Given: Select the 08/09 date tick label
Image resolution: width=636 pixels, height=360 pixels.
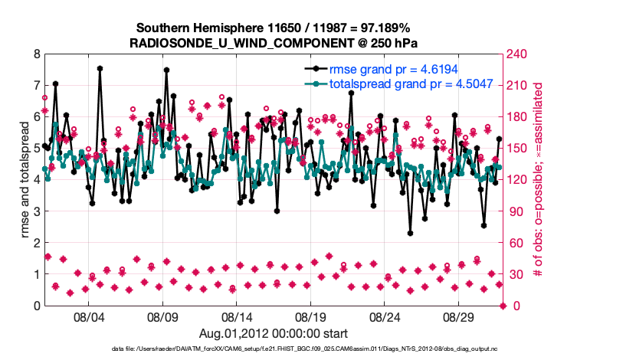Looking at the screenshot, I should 162,316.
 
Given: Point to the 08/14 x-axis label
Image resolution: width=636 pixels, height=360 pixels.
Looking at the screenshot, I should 237,316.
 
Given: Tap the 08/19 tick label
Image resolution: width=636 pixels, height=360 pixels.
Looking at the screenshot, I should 311,316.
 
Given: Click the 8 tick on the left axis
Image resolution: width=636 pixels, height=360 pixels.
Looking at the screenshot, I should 36,54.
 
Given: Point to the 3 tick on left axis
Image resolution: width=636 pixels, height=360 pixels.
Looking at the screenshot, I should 36,211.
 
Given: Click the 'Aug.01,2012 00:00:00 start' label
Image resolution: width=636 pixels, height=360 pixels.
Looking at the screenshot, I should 273,333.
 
